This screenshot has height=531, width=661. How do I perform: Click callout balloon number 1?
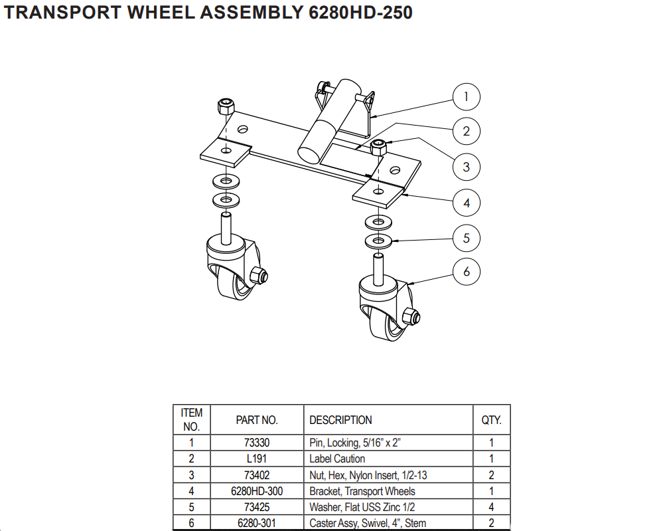click(466, 97)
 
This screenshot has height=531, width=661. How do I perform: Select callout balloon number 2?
click(466, 131)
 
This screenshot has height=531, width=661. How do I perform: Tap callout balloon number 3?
click(466, 166)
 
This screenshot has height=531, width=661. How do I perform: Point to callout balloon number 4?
click(466, 203)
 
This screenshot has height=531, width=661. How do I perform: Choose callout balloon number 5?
click(466, 238)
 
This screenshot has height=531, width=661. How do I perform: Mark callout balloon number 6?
click(466, 272)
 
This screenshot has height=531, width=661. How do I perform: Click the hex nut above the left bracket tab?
click(226, 106)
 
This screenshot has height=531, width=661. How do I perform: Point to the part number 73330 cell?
click(257, 442)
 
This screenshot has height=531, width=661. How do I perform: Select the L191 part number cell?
click(257, 459)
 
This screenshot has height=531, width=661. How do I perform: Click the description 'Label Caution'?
click(336, 459)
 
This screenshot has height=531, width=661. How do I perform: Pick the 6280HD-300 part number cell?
click(257, 491)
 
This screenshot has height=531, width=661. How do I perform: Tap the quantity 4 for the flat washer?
click(491, 507)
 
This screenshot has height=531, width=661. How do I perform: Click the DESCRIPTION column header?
click(340, 420)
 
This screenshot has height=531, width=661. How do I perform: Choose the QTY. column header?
click(491, 420)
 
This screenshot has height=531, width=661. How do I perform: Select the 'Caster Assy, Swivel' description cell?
click(368, 523)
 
